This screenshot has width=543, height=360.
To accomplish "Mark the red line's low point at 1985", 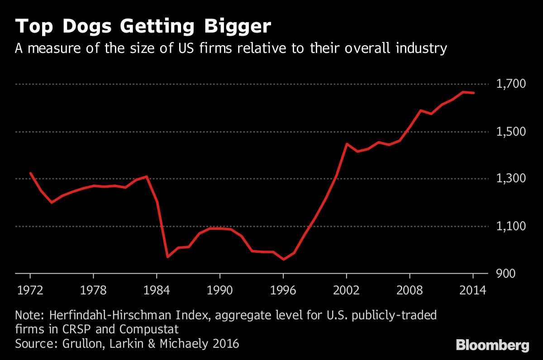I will [167, 257].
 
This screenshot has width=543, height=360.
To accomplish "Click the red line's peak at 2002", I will [347, 144].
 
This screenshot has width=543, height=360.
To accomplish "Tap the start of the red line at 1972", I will [30, 173].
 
